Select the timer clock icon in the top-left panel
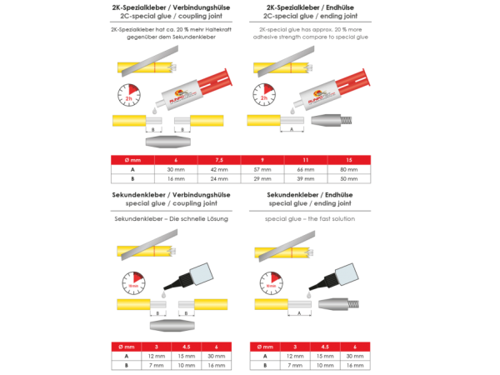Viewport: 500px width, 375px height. [128, 95]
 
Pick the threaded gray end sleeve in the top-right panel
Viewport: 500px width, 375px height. [327, 121]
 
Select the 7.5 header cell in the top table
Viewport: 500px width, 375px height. [219, 158]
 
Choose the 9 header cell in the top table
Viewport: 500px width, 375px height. [262, 158]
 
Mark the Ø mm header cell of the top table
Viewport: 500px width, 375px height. [132, 158]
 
